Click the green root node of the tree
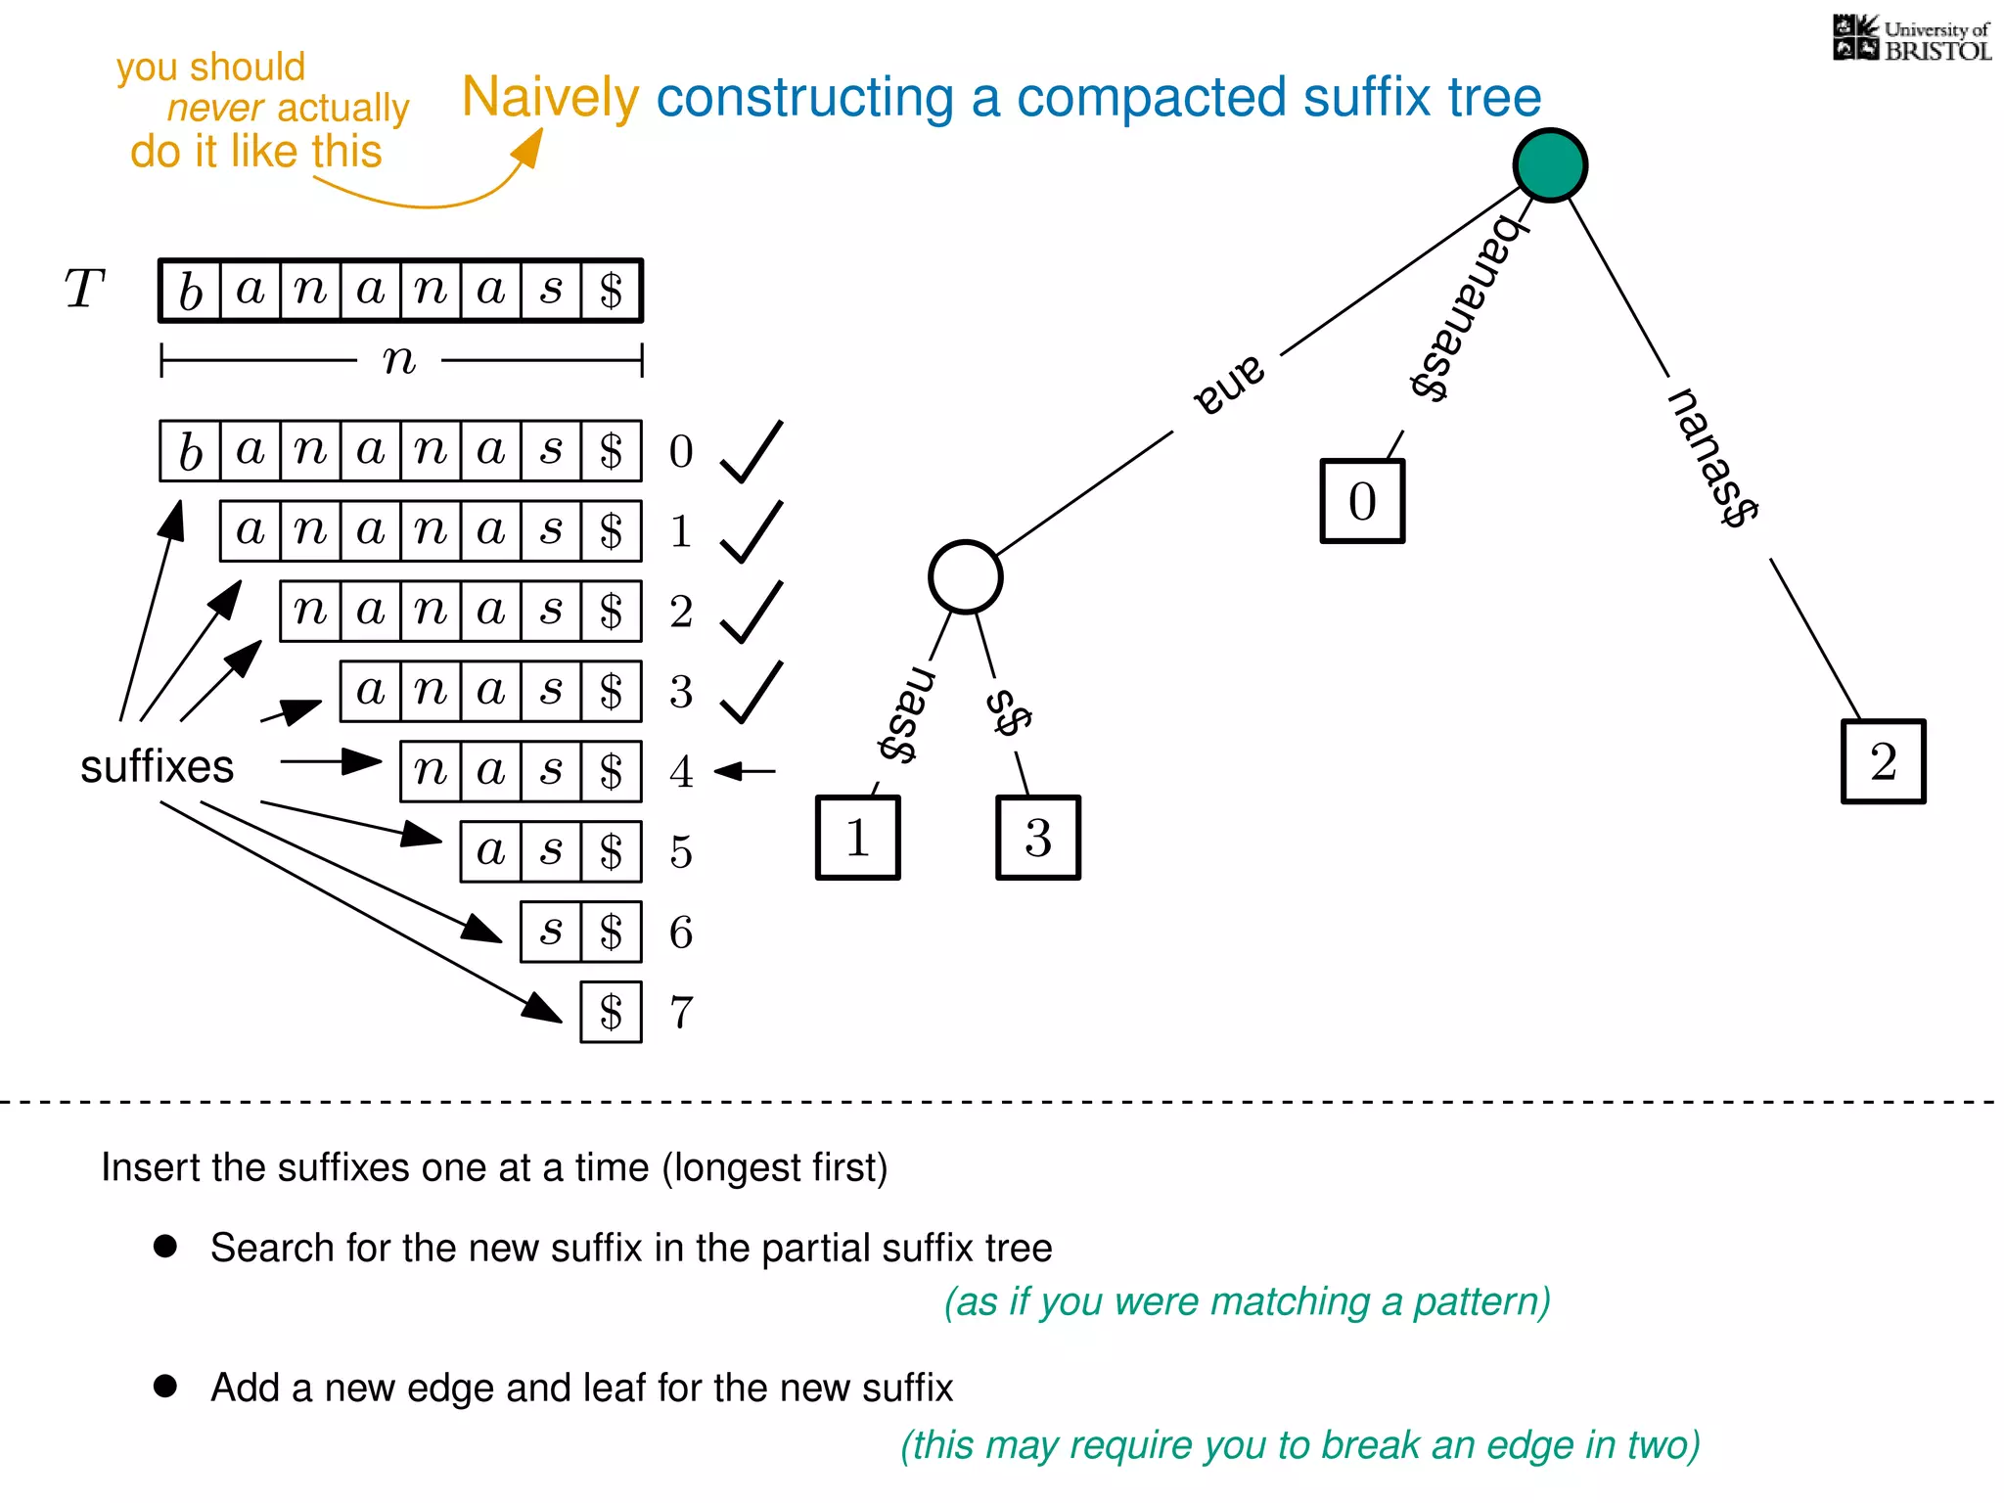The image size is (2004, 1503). (1550, 165)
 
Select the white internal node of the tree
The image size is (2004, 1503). (965, 577)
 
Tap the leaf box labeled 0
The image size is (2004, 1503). (1362, 501)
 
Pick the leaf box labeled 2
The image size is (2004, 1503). (1883, 761)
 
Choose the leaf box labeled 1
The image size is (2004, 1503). (857, 838)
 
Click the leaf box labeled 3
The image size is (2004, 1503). (1037, 838)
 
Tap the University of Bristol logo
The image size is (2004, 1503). (1911, 39)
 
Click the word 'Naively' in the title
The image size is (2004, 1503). (550, 98)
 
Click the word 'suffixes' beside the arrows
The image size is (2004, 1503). (157, 766)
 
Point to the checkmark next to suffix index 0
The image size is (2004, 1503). (751, 452)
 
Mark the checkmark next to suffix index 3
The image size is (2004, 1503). (751, 693)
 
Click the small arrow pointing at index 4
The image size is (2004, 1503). (745, 771)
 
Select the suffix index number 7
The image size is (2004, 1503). (681, 1013)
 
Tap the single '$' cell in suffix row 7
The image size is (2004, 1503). (611, 1013)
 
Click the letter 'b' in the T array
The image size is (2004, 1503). (191, 291)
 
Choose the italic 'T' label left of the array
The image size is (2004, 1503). (84, 289)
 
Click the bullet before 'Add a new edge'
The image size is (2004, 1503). (165, 1386)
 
